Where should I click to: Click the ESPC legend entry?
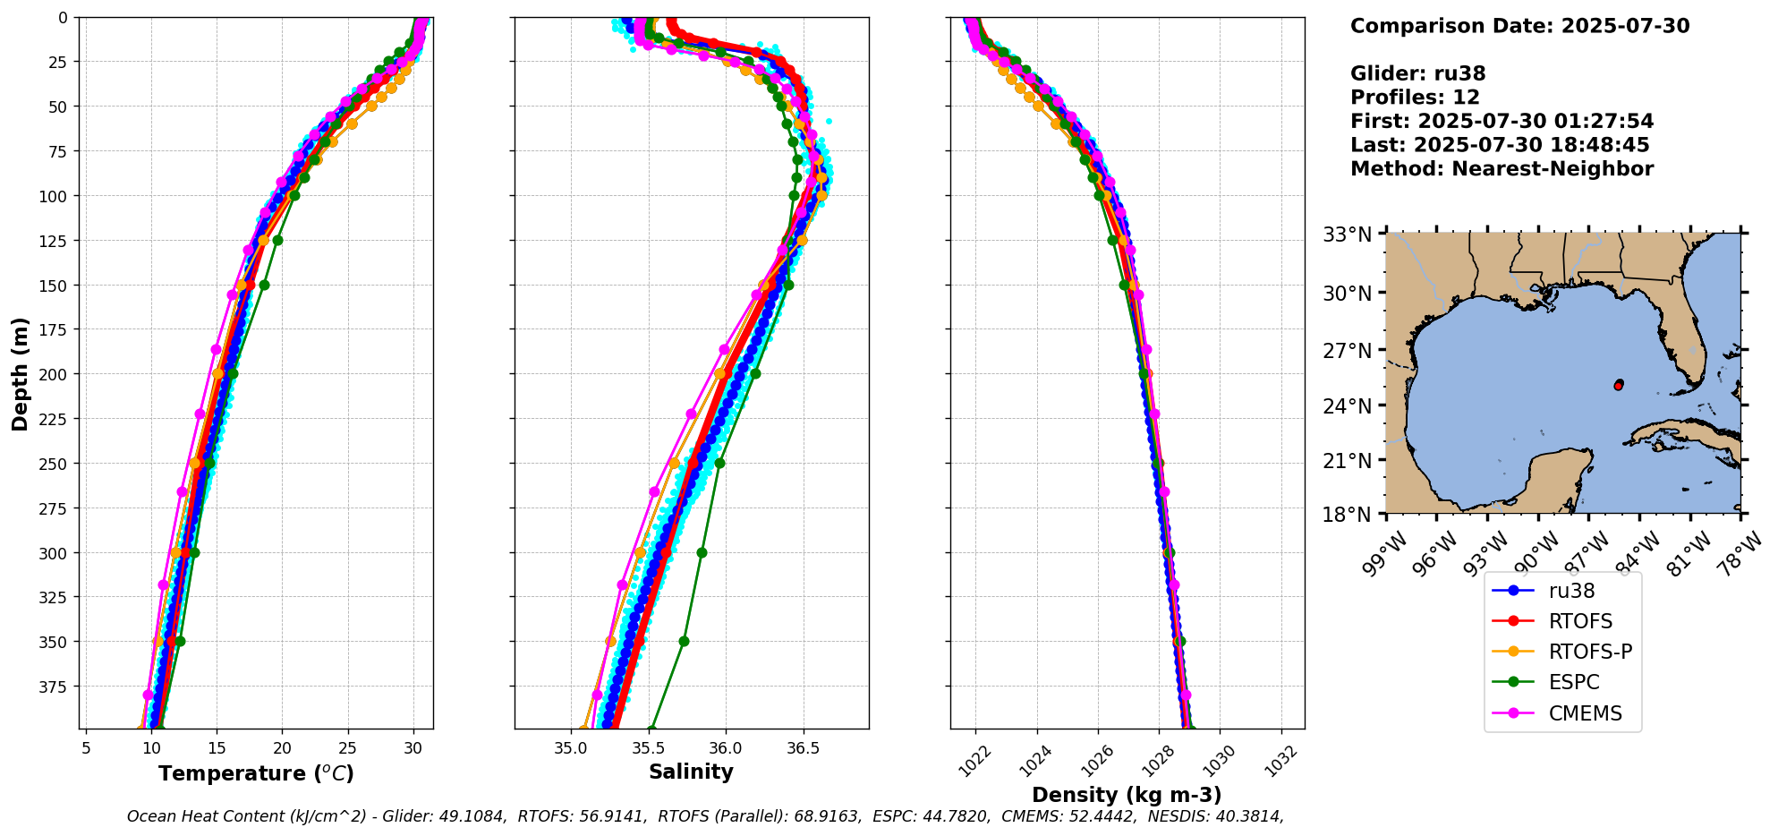(1573, 683)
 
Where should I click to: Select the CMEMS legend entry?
(1585, 713)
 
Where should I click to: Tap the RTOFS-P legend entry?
(1590, 652)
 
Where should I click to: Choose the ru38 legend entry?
(1571, 591)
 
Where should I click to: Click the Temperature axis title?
(256, 773)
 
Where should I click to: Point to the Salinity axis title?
(691, 772)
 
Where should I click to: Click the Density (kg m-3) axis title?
(1127, 795)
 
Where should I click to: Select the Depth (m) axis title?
(20, 373)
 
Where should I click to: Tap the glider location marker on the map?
(1619, 385)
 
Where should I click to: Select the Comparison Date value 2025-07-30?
(1625, 26)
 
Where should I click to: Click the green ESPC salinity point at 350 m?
(684, 641)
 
